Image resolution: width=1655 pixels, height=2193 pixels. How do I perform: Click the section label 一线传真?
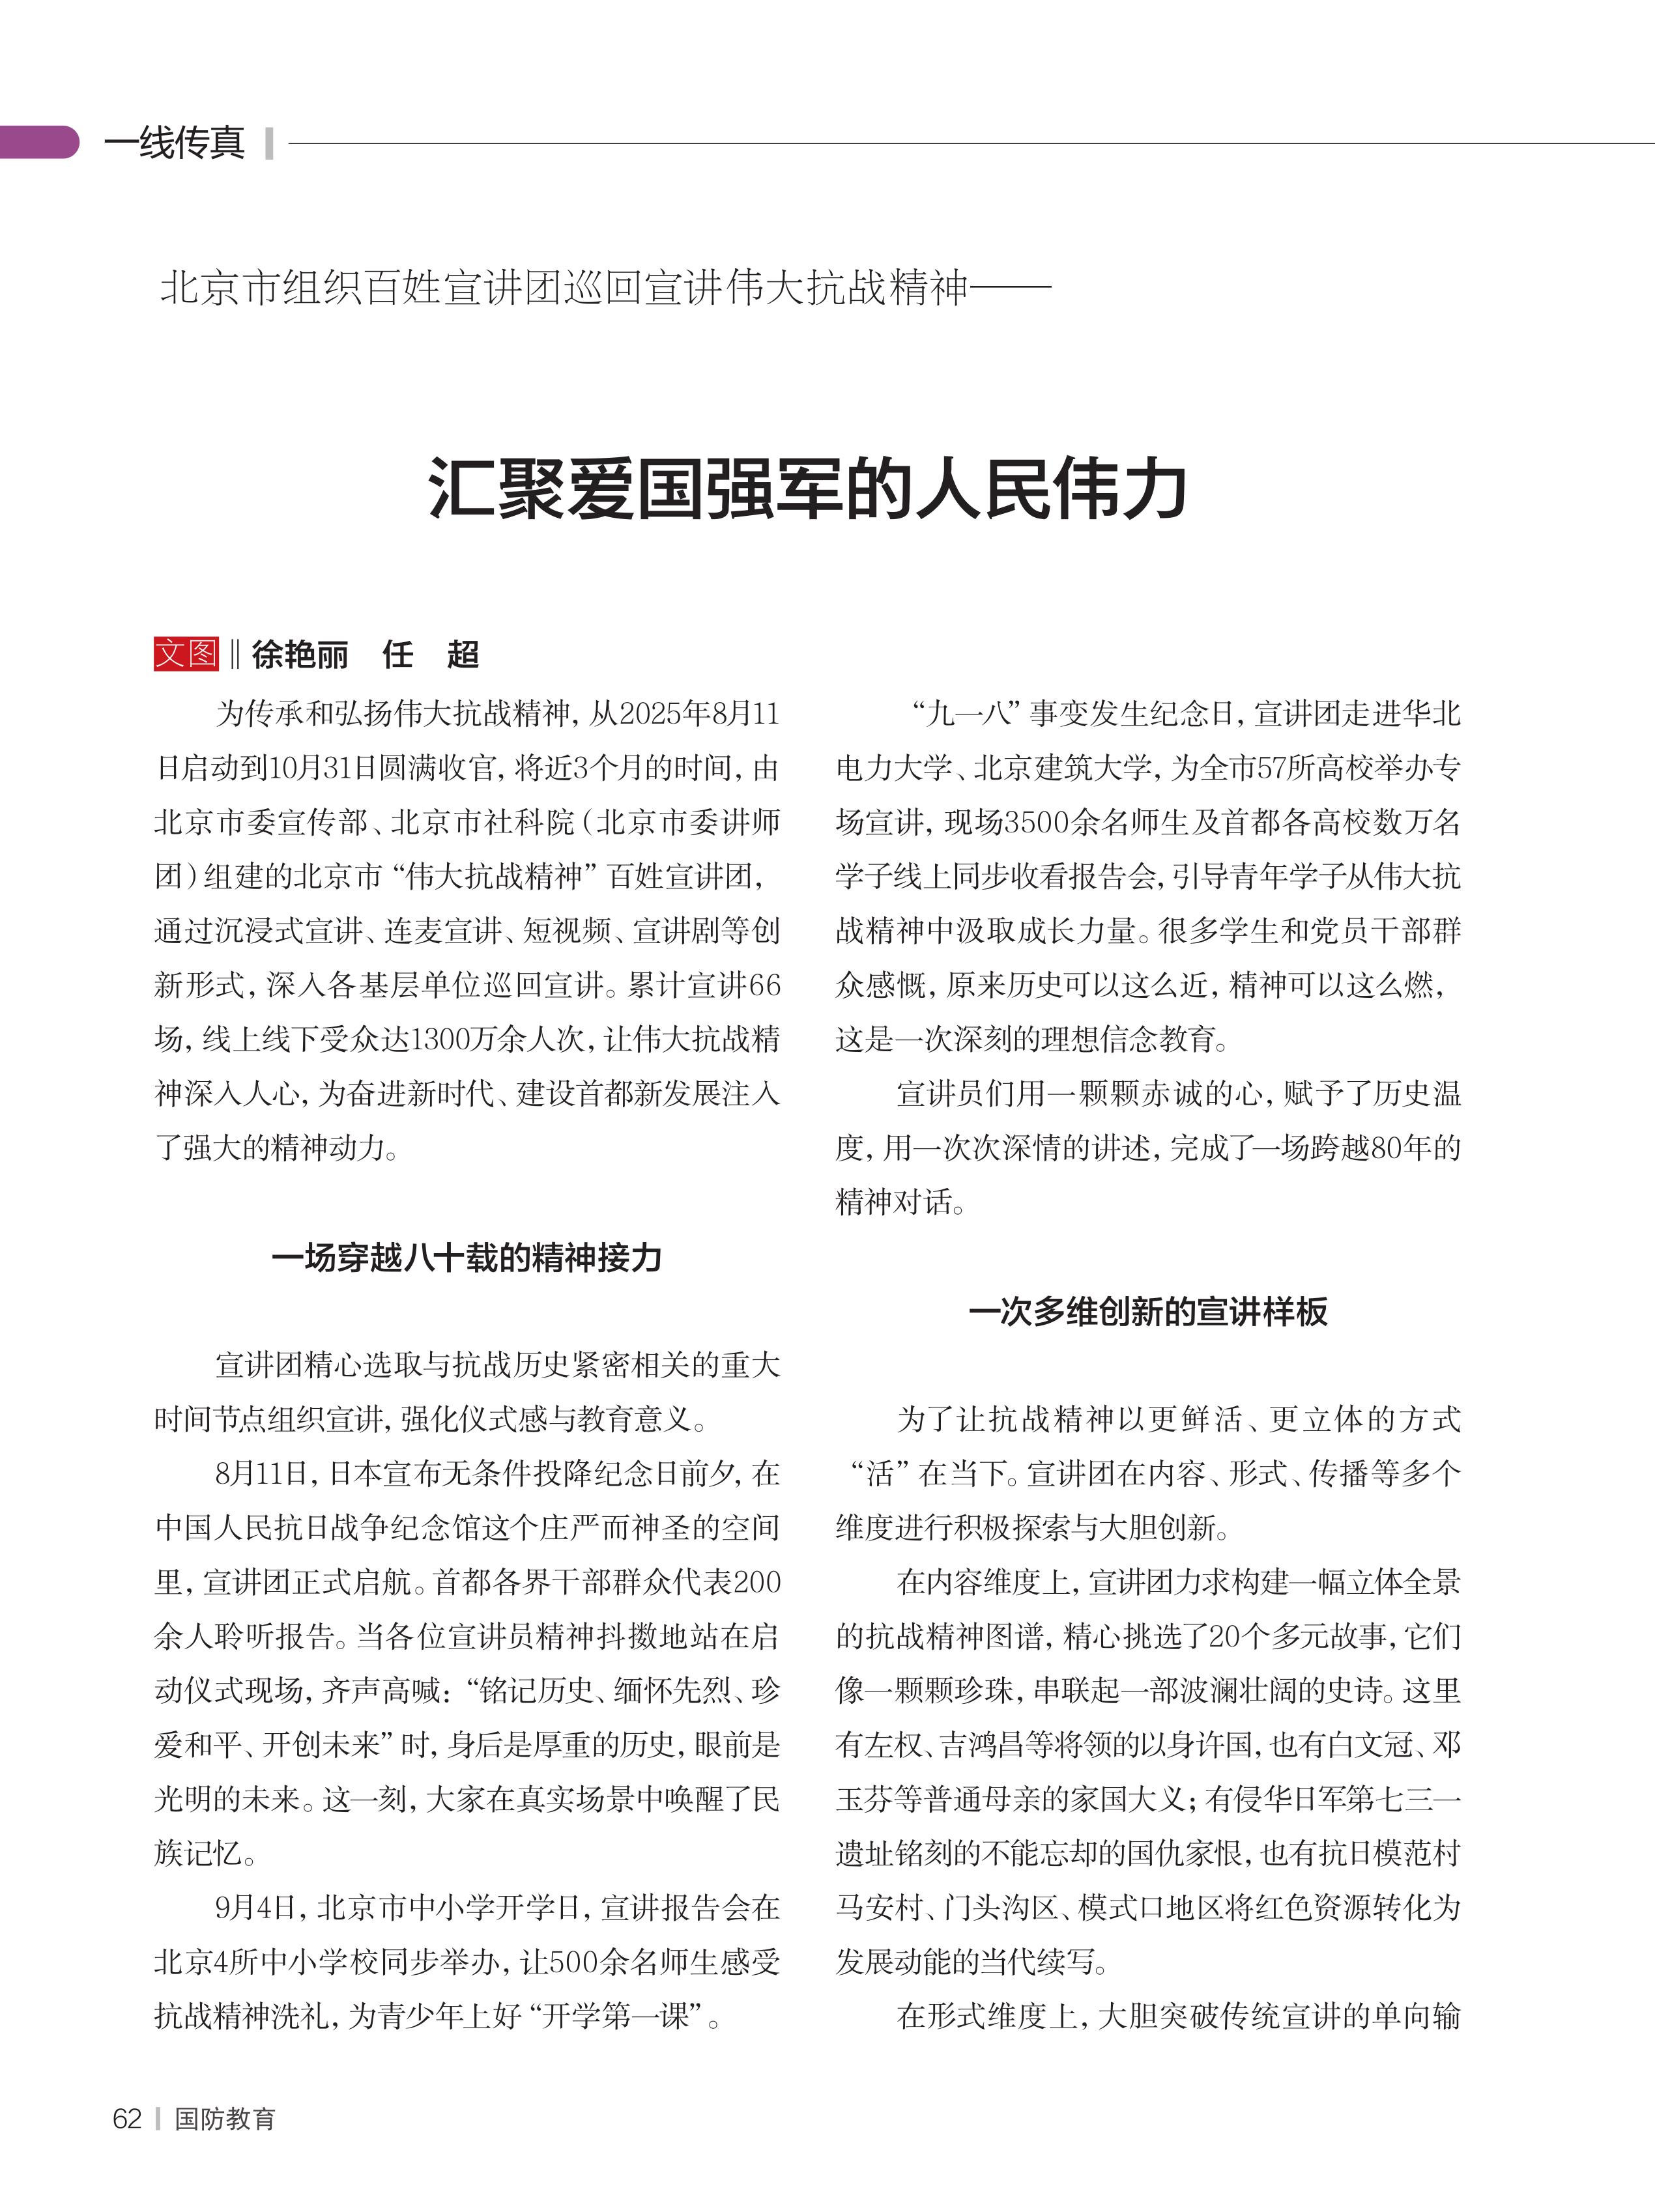(175, 143)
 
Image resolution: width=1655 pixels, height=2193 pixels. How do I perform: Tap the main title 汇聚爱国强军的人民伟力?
(807, 488)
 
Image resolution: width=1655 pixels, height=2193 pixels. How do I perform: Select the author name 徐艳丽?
(300, 655)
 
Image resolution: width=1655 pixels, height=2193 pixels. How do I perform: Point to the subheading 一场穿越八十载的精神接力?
(466, 1258)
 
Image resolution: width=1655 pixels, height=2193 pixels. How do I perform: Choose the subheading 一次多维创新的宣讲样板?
(1147, 1312)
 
